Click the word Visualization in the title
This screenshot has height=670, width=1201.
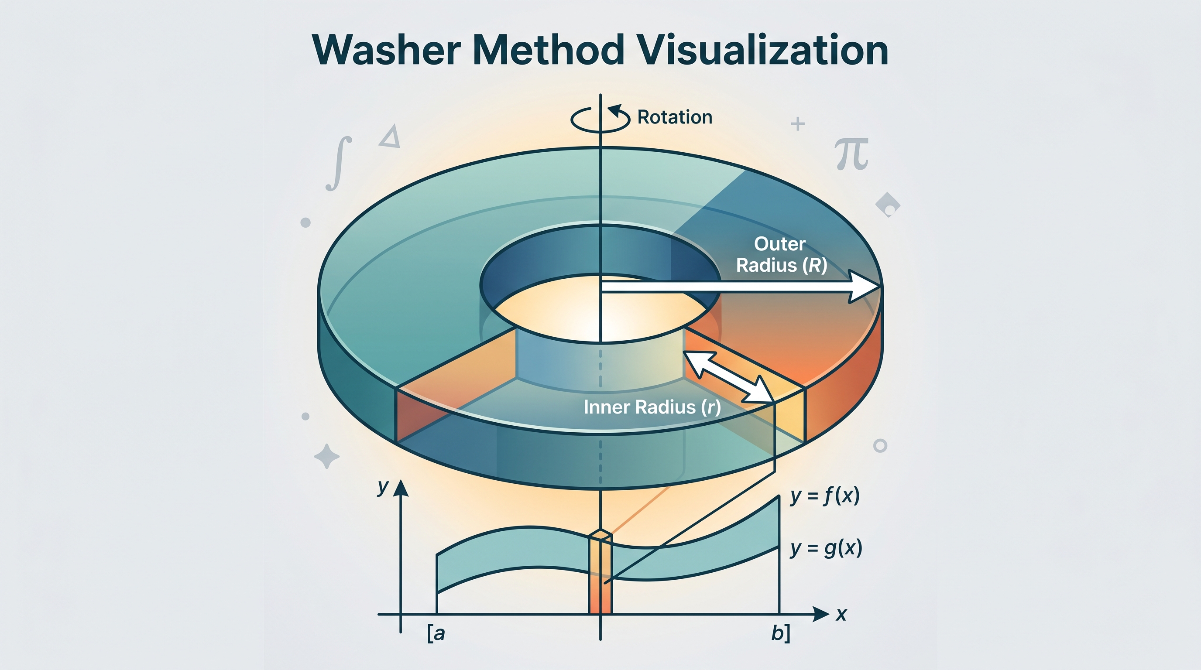(762, 50)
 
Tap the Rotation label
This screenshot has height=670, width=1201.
(675, 117)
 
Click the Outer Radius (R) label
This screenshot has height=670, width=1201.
(782, 254)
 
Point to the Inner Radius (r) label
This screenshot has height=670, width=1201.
(652, 407)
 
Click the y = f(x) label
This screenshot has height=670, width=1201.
(825, 496)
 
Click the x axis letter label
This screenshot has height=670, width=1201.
(841, 615)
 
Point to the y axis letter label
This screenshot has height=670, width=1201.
(383, 487)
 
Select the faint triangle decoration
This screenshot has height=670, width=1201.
(391, 137)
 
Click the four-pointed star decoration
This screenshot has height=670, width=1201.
(327, 456)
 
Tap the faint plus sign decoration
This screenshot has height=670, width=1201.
(798, 124)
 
